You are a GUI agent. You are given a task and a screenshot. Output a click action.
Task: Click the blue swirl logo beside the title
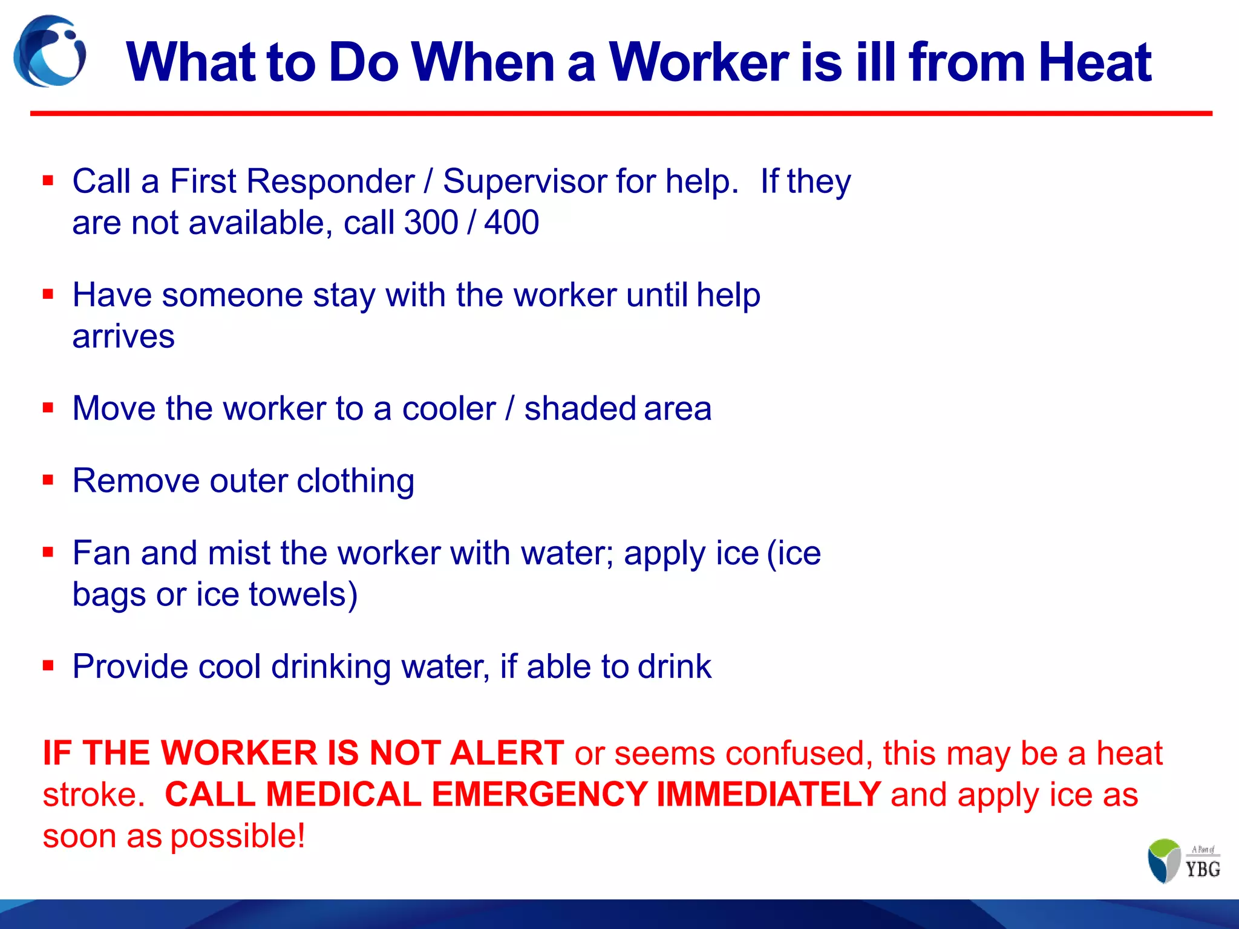click(x=50, y=52)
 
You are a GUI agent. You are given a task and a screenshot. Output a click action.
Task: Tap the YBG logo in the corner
click(x=1183, y=861)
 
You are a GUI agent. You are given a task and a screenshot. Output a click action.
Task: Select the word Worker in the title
click(x=699, y=62)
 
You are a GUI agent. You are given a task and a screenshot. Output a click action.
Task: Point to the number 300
click(x=431, y=223)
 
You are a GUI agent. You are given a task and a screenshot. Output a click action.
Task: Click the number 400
click(x=511, y=223)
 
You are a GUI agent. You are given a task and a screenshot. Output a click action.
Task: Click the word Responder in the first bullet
click(x=330, y=181)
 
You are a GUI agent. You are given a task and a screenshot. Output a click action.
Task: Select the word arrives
click(x=123, y=336)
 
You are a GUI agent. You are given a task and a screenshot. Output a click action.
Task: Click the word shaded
click(x=580, y=408)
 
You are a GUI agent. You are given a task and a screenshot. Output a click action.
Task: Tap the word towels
click(x=302, y=595)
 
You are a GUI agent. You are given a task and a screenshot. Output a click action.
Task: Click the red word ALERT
click(x=506, y=754)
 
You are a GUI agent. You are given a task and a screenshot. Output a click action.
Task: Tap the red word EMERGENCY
click(x=539, y=795)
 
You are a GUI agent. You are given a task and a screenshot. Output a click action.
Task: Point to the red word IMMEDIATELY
click(x=768, y=795)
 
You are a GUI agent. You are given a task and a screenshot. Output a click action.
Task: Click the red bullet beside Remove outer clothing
click(x=48, y=480)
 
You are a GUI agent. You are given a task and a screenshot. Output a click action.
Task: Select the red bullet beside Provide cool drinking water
click(x=48, y=666)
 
